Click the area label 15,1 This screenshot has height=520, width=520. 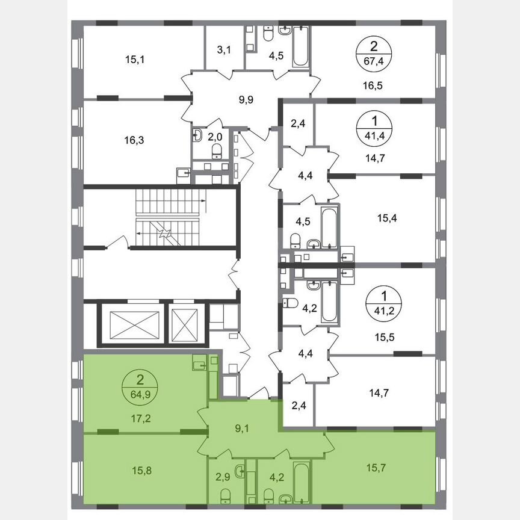click(x=118, y=60)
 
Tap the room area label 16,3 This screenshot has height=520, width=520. click(x=118, y=140)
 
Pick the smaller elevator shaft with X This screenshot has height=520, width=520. click(x=185, y=324)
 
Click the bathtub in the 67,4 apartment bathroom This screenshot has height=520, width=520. click(x=300, y=46)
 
